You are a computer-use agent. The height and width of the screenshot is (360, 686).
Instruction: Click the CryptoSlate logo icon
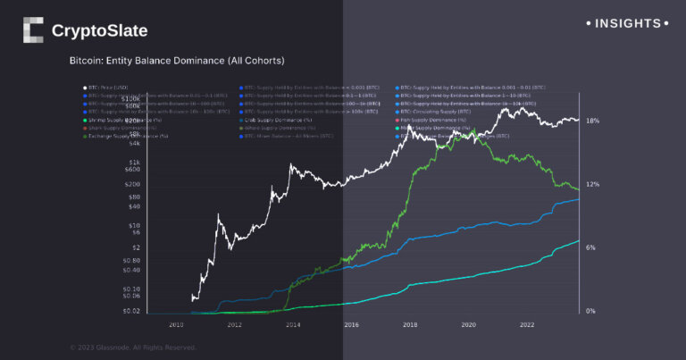tap(32, 30)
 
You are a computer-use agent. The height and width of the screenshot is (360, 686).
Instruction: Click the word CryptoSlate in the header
tap(99, 31)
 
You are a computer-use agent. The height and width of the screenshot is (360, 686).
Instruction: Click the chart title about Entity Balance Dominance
tap(177, 61)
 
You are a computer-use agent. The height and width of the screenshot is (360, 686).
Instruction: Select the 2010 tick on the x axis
tap(177, 324)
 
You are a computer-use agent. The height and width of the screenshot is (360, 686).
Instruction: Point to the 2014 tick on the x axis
tap(293, 324)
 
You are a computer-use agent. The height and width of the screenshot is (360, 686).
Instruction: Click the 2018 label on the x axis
tap(410, 324)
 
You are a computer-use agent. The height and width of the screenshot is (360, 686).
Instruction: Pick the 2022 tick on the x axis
tap(527, 324)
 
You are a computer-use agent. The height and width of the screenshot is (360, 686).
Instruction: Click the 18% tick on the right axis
tap(592, 121)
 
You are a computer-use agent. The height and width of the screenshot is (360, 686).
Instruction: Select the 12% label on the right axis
tap(592, 184)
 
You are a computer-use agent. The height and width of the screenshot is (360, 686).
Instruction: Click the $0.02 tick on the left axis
tap(131, 311)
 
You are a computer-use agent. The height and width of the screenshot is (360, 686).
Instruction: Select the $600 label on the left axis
tap(132, 169)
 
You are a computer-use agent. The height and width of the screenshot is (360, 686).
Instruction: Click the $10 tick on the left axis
tap(134, 227)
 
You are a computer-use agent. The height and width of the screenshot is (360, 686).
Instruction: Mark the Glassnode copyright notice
tap(132, 347)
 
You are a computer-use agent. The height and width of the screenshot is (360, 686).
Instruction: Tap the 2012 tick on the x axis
tap(235, 324)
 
